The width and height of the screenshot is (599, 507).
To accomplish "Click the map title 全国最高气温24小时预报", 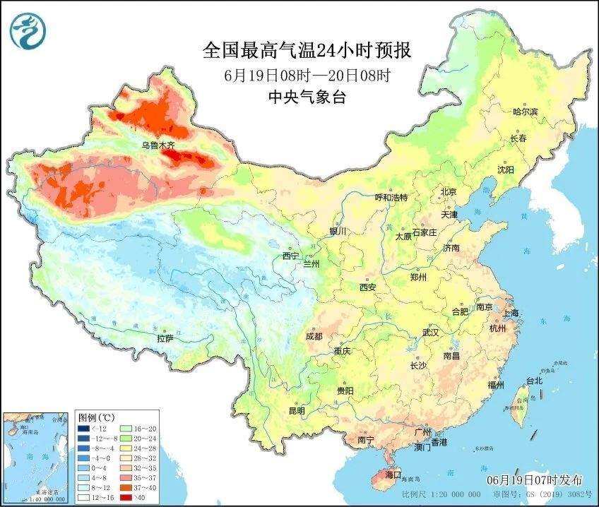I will (x=307, y=50).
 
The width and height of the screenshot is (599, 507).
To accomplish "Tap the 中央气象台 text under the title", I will (x=307, y=97).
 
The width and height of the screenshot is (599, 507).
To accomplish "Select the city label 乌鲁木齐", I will (x=158, y=145).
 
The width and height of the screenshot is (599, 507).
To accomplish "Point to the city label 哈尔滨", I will (x=525, y=112).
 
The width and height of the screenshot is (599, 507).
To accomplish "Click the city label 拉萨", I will (x=165, y=338).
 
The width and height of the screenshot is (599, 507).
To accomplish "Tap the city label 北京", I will (x=449, y=191).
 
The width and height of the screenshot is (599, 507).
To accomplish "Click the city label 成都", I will (x=314, y=336).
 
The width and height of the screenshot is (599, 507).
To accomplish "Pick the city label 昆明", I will (x=297, y=411).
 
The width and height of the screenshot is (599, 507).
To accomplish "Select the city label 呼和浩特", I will (x=391, y=198).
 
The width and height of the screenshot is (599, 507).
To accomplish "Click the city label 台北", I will (x=534, y=381).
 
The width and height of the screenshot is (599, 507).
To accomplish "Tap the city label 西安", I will (x=368, y=287).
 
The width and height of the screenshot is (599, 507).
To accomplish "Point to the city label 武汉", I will (x=430, y=332).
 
